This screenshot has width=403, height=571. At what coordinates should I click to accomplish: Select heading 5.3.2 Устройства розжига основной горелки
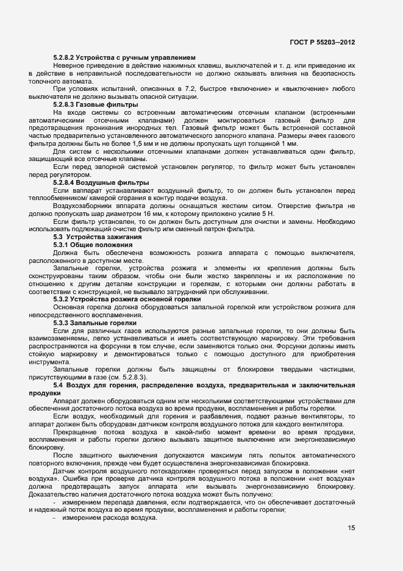click(127, 300)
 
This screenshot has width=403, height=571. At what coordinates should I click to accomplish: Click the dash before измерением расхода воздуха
click(55, 500)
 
